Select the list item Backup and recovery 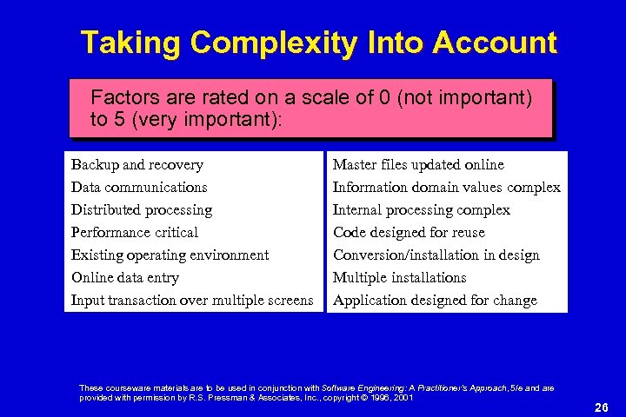click(x=137, y=164)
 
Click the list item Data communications click(x=139, y=187)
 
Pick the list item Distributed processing click(x=142, y=209)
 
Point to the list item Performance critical click(x=135, y=232)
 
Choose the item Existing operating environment click(x=170, y=255)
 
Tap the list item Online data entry click(x=125, y=277)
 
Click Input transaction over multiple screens click(x=192, y=300)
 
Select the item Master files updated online click(x=418, y=164)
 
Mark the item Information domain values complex click(x=447, y=187)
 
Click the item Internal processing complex click(x=422, y=209)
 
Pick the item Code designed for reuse click(x=409, y=232)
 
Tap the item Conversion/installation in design click(x=436, y=255)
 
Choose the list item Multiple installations click(x=400, y=277)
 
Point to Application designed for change click(x=435, y=300)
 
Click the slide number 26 click(x=600, y=407)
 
